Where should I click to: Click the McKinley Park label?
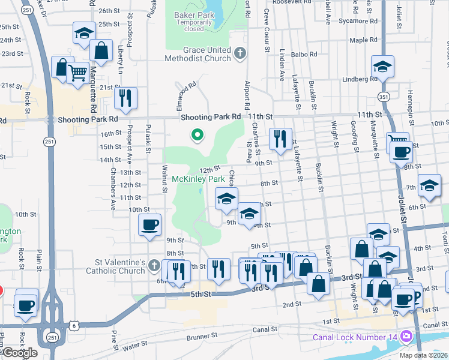coord(198,179)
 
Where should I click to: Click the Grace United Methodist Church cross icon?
coord(240,53)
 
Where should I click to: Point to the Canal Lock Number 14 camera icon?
coord(406,336)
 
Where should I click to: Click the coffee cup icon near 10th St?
coord(149,225)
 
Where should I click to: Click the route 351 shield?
coord(383,97)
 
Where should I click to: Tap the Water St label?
coord(134,347)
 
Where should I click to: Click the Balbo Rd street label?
coord(305,54)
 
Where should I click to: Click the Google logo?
coord(20,353)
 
